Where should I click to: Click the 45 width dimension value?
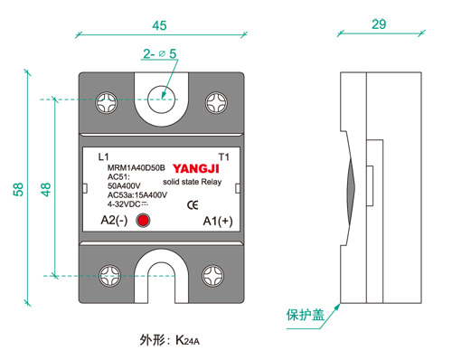pos(159,25)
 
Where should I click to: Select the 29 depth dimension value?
pos(379,24)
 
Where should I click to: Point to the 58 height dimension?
pos(18,189)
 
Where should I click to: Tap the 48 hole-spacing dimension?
pos(46,189)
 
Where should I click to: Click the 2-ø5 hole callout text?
pos(160,53)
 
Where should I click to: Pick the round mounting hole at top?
pos(161,99)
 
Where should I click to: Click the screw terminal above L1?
pos(107,103)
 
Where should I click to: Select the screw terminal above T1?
pos(216,103)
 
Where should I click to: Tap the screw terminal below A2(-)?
pos(110,276)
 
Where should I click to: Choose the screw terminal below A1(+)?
pos(212,276)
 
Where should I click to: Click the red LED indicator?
pos(143,221)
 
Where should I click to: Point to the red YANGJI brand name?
pos(196,169)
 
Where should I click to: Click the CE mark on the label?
pos(193,205)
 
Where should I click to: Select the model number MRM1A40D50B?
pos(137,167)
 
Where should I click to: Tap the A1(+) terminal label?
pos(218,221)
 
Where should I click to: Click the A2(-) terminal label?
pos(114,221)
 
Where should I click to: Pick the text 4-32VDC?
pos(124,204)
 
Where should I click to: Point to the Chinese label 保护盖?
pos(306,315)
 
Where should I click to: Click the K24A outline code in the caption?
pos(187,341)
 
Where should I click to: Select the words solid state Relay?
pos(193,182)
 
